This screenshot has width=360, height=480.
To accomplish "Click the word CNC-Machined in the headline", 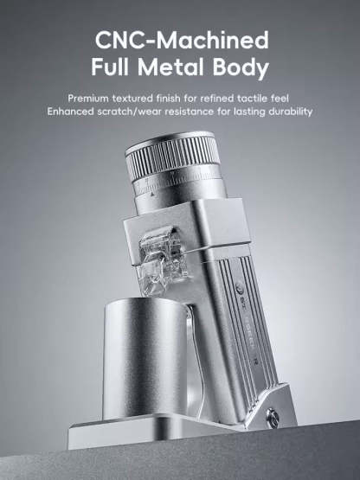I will click(x=180, y=40).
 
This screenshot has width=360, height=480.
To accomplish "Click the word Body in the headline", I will click(x=243, y=68).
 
